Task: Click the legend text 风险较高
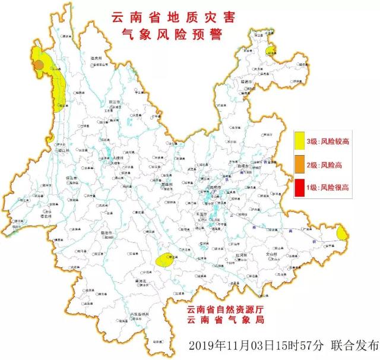click(335, 141)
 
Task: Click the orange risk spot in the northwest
click(38, 64)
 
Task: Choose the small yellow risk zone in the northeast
click(271, 51)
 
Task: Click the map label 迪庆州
click(97, 58)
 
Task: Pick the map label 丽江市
click(115, 103)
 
